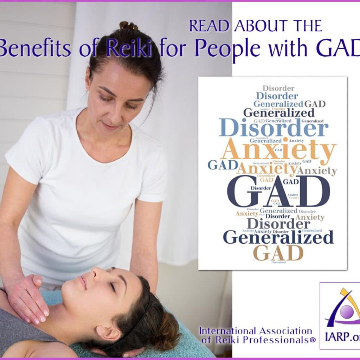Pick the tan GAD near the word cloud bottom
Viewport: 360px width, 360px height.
[x=278, y=253]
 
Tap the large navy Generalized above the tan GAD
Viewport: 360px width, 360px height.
[x=278, y=237]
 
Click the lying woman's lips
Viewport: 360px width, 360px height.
[x=83, y=282]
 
